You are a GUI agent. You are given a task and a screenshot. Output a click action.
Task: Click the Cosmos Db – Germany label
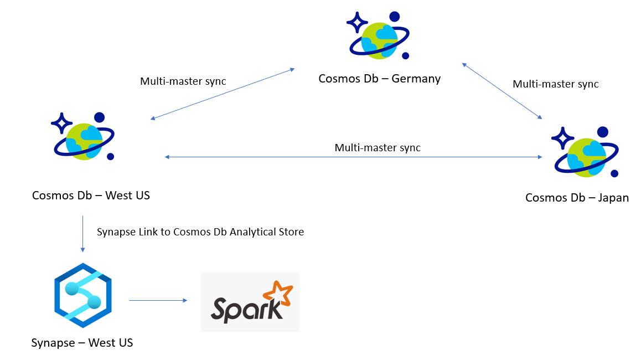coord(379,79)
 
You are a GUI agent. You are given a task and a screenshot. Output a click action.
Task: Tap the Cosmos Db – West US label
coord(91,196)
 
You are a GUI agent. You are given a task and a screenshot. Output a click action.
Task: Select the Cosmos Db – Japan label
coord(577,198)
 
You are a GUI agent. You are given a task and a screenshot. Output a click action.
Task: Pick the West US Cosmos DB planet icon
coord(84,139)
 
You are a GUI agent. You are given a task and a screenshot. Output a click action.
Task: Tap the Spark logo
coord(250,302)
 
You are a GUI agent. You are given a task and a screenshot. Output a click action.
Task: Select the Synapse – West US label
coord(82,343)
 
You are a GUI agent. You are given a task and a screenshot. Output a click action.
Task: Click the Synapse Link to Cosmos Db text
coord(200,232)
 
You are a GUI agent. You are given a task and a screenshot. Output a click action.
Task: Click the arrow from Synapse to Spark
coord(158,301)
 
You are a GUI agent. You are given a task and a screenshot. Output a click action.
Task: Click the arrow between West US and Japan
coord(354,157)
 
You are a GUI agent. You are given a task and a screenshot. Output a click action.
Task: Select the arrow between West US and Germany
coord(223,94)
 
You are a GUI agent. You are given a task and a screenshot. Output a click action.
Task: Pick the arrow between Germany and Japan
coord(502,91)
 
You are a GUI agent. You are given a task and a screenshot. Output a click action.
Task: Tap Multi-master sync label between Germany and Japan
coord(555,84)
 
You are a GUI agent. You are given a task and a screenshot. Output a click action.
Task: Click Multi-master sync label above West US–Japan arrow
coord(378,148)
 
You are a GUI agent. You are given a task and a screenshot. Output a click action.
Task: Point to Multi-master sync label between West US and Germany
coord(183,81)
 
